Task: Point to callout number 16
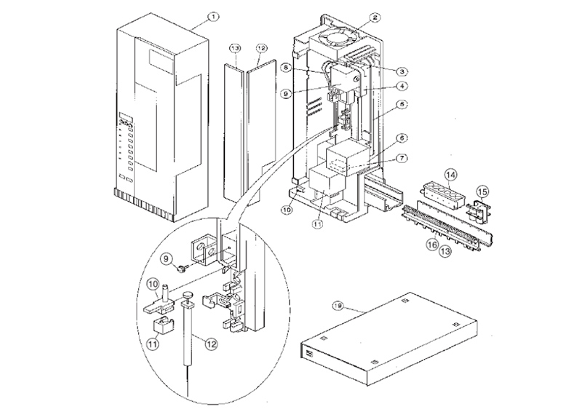pyautogui.click(x=431, y=246)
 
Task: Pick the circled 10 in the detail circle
pyautogui.click(x=154, y=283)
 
